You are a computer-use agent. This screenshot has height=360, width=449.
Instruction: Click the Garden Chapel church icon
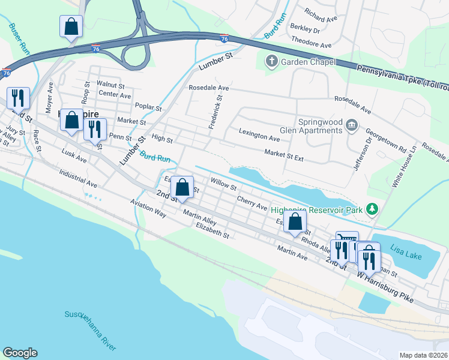(271, 61)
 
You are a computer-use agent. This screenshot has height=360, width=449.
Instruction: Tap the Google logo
(20, 353)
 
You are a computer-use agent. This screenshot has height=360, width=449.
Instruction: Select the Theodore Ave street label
(311, 45)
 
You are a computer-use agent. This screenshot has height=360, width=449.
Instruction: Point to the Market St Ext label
(285, 155)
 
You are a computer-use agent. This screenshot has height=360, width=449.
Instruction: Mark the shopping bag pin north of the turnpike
(71, 28)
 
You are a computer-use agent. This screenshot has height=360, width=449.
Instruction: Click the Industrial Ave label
(78, 178)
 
